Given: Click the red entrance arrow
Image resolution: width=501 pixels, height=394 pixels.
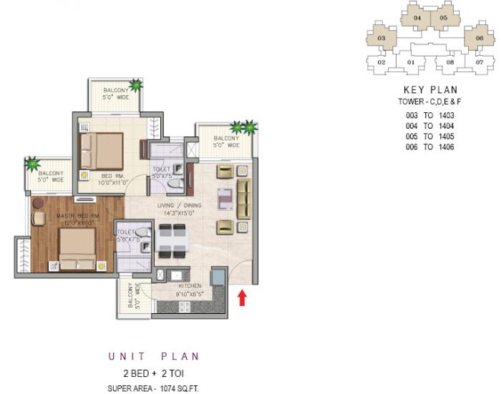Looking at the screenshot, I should (242, 297).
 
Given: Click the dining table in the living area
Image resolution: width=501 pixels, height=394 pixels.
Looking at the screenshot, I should (172, 240).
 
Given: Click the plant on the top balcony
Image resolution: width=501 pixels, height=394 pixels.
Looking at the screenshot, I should (136, 86).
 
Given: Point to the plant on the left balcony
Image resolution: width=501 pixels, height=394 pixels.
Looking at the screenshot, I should (31, 164).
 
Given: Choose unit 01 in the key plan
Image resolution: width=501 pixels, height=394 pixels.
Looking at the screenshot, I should (412, 63).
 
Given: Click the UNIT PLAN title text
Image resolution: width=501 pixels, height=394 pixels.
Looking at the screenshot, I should (153, 356).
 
